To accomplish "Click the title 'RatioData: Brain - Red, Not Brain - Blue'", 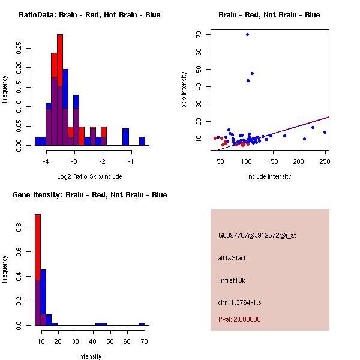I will click(x=89, y=15).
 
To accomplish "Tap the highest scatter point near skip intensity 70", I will click(x=247, y=34).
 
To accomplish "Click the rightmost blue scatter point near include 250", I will click(x=325, y=132).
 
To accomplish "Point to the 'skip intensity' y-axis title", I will click(x=184, y=90).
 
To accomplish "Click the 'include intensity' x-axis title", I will click(x=269, y=176).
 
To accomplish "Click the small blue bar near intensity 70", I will click(x=142, y=324).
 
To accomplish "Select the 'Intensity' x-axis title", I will click(x=89, y=356).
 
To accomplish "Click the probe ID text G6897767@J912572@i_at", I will click(x=257, y=235).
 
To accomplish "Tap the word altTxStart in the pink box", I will click(x=232, y=258).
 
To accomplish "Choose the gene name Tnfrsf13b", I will click(x=232, y=280).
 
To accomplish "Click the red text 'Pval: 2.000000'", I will click(x=239, y=319).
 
